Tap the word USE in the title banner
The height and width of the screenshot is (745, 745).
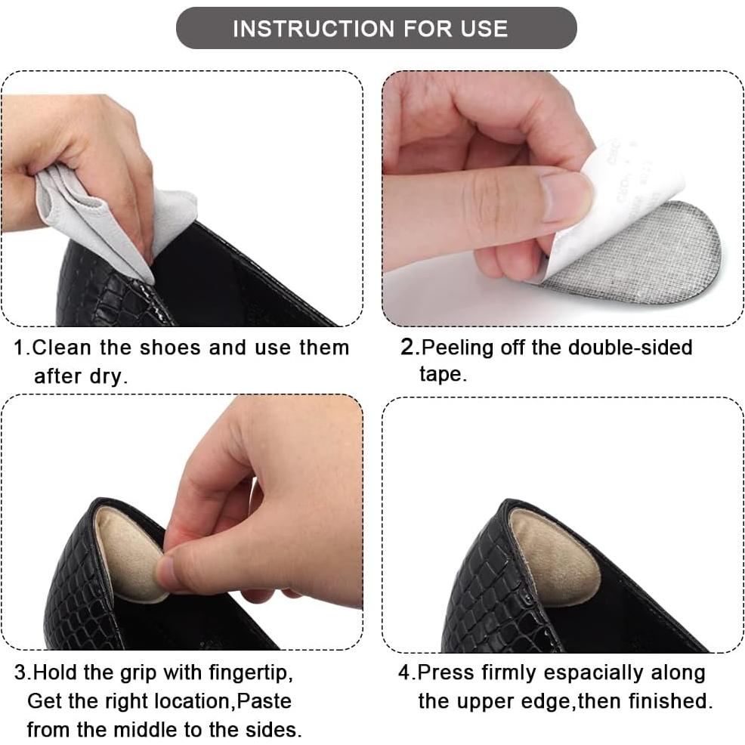484,29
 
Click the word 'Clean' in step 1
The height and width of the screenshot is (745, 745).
62,348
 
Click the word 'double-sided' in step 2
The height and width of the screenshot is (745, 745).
630,347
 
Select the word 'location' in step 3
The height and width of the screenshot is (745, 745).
191,701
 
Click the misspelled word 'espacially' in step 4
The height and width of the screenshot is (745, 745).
593,673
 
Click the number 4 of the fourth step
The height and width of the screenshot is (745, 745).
404,672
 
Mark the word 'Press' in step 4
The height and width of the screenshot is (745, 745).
446,672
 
